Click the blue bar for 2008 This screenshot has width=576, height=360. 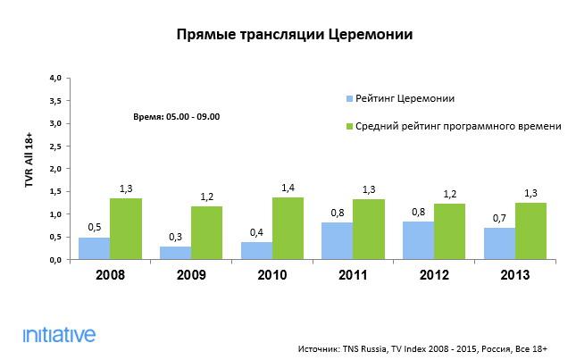[95, 248]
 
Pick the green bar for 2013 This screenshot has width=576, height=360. [531, 230]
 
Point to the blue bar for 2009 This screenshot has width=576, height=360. [175, 253]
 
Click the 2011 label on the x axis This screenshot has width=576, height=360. [353, 275]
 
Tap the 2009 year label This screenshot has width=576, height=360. [191, 275]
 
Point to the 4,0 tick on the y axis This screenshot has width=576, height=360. [55, 79]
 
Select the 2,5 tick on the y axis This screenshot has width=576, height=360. [55, 147]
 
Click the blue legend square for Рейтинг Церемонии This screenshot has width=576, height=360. [347, 97]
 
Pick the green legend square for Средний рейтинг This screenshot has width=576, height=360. [347, 127]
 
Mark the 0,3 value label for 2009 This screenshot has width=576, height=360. [175, 236]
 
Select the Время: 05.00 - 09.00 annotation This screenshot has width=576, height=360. [176, 117]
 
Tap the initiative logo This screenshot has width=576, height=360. [59, 335]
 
